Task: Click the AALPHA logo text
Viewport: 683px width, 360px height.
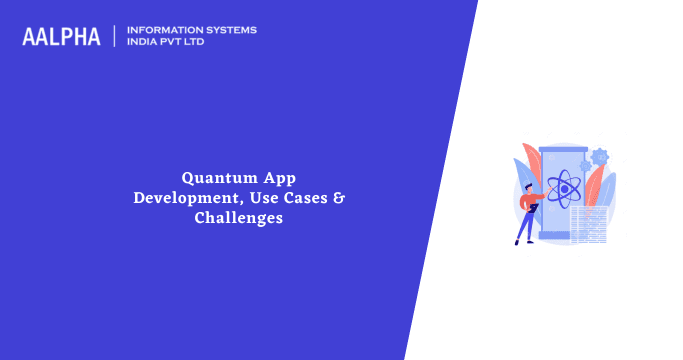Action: tap(61, 36)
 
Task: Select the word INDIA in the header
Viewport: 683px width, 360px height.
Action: tap(143, 42)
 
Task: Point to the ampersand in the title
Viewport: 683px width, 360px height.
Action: tap(339, 197)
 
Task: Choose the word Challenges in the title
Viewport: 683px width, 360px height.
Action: tap(239, 217)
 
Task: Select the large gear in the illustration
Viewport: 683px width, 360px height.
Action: tap(600, 156)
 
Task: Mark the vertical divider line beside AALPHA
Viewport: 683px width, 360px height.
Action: tap(116, 36)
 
